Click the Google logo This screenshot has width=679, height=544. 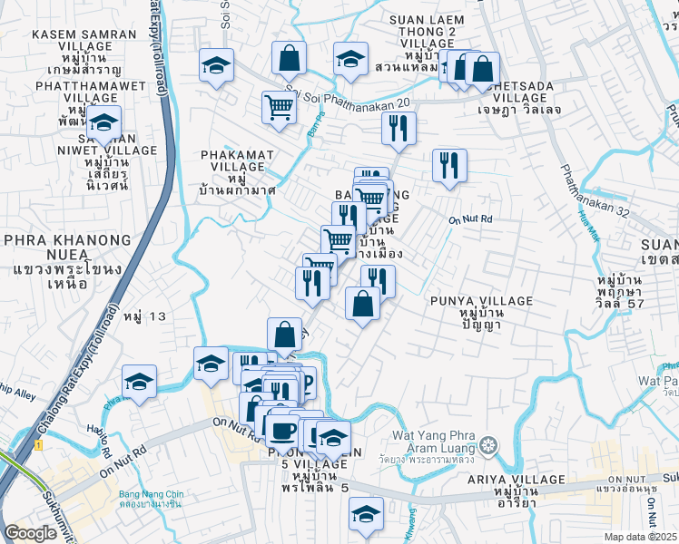[x=30, y=533]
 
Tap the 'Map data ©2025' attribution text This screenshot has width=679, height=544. [x=641, y=537]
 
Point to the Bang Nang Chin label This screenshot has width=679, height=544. [x=151, y=499]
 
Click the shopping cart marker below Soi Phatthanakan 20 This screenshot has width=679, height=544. [x=279, y=108]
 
